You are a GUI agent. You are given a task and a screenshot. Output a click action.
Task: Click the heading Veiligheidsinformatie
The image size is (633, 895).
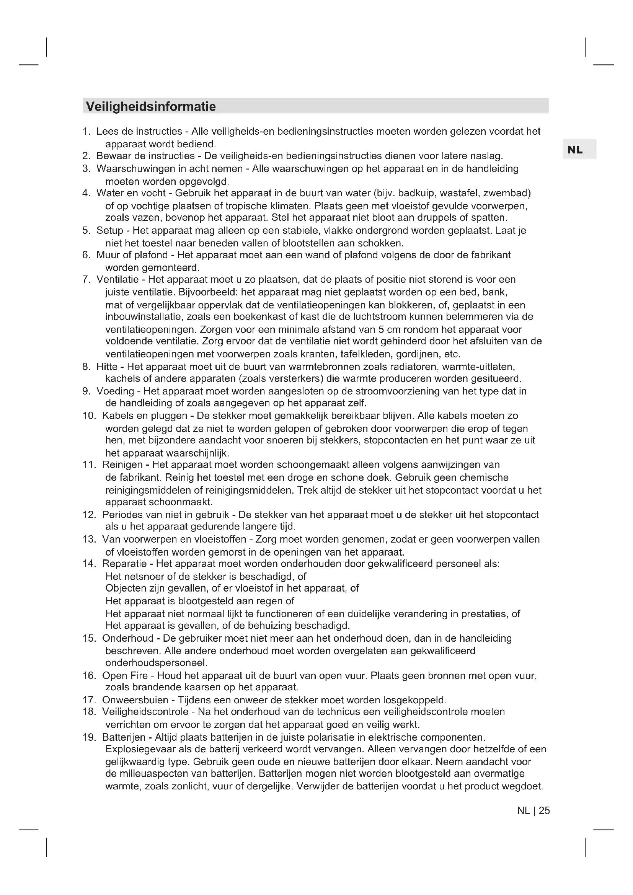point(151,106)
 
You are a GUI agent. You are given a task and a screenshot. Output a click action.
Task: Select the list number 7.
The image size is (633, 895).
point(86,280)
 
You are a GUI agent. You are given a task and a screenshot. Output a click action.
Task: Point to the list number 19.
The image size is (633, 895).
point(89,738)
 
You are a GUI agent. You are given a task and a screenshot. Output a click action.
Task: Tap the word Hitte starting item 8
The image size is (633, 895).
point(107,367)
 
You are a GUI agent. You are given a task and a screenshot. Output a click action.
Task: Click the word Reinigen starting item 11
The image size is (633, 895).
point(122,465)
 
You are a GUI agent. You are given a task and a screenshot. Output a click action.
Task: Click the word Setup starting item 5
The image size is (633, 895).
point(110,231)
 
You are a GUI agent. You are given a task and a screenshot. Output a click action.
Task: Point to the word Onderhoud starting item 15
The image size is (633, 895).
point(128,639)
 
